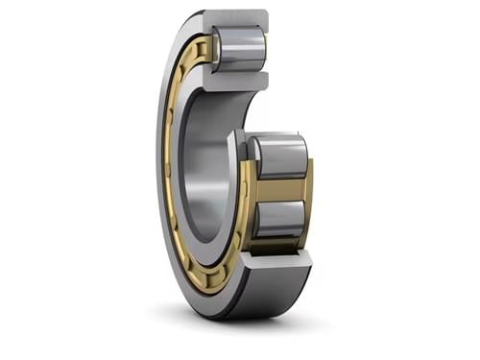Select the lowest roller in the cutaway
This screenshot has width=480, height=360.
(278, 218)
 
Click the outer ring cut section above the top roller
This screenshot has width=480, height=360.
(236, 18)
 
